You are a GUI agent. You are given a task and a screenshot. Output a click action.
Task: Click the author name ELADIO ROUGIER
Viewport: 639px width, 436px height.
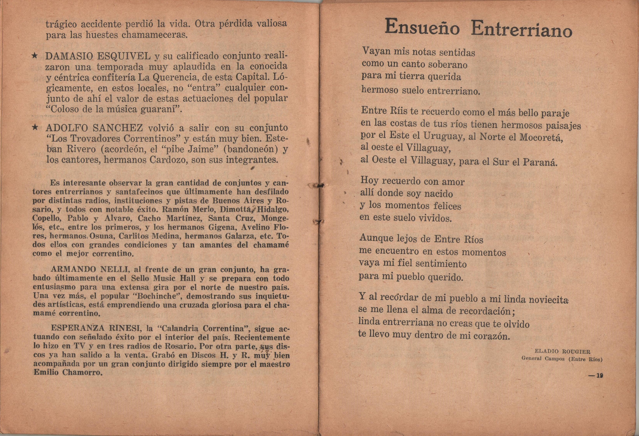pyautogui.click(x=563, y=351)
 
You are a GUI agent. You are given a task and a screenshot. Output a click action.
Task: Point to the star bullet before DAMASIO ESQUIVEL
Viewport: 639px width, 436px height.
pyautogui.click(x=35, y=56)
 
